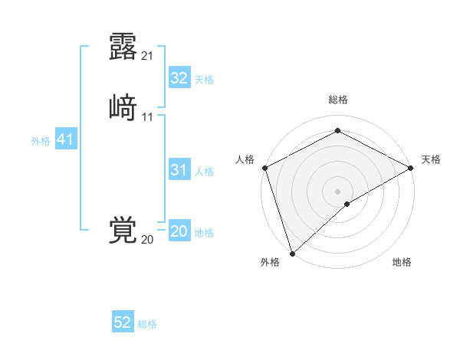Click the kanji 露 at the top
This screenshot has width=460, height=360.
pos(123,46)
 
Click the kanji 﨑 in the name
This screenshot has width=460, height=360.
pos(123,107)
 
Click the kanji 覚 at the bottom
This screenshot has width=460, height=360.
pos(123,231)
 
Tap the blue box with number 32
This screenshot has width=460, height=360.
pos(179,78)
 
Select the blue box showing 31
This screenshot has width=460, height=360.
pos(179,170)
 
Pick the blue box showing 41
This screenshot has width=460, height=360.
pos(65,139)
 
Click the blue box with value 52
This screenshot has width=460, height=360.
pos(123,322)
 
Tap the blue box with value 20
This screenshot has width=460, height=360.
pos(179,232)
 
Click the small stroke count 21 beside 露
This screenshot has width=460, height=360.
pos(147,55)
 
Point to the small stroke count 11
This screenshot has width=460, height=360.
pos(147,116)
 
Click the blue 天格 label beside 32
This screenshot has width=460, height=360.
pos(204,80)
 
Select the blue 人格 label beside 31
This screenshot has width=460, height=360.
pos(204,172)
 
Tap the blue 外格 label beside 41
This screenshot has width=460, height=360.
pos(40,141)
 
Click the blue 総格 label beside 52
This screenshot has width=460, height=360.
pos(147,324)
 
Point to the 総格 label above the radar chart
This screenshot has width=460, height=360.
pos(337,100)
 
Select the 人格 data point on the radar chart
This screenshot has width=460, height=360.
pos(264,168)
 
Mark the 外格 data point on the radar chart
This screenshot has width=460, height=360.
pos(292,253)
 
